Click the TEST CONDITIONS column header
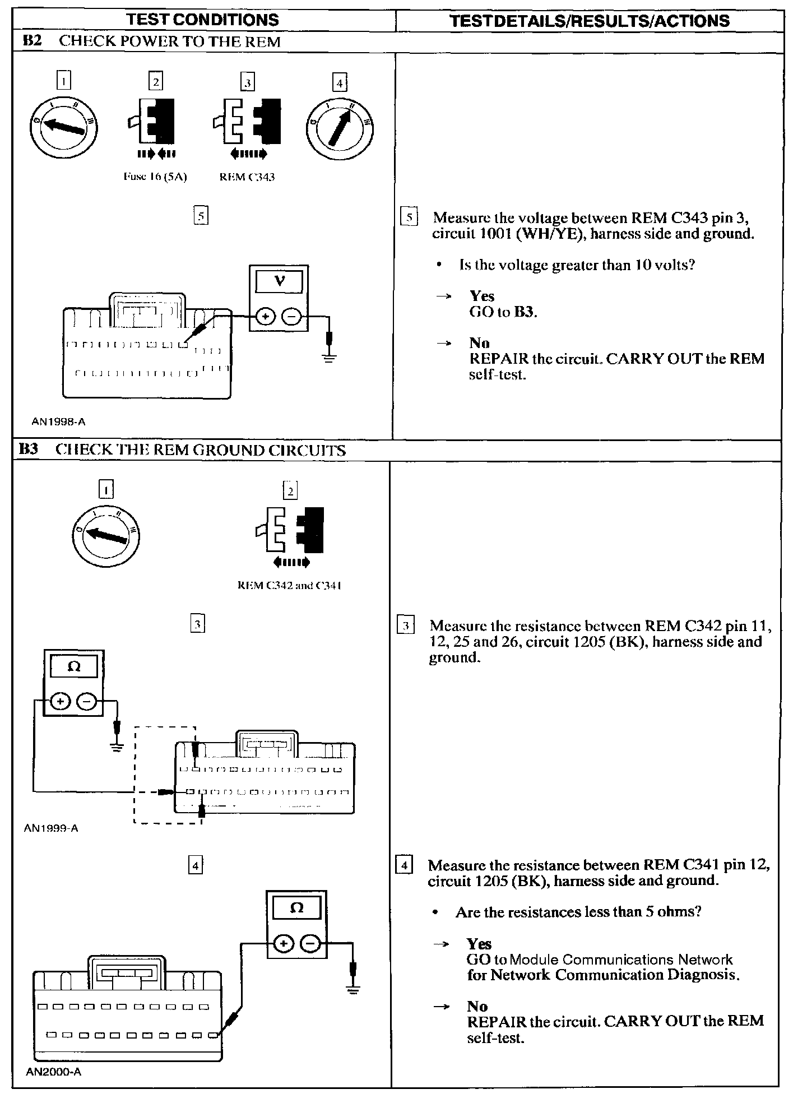[x=202, y=20]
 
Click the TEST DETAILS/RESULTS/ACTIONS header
[x=590, y=21]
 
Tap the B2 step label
[x=32, y=41]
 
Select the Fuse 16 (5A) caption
[x=155, y=177]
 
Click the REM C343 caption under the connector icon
[x=247, y=177]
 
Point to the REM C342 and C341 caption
[x=290, y=586]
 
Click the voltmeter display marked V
[x=279, y=281]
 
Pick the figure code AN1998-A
[x=58, y=422]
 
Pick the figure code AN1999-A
[x=51, y=828]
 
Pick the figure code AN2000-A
[x=54, y=1072]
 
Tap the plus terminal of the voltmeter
[x=265, y=317]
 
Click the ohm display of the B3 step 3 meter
[x=74, y=668]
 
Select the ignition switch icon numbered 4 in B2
[x=340, y=127]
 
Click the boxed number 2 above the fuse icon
[x=155, y=82]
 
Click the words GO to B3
[x=503, y=312]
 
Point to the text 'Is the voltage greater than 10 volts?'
[x=577, y=265]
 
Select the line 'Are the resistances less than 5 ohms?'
[x=578, y=912]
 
